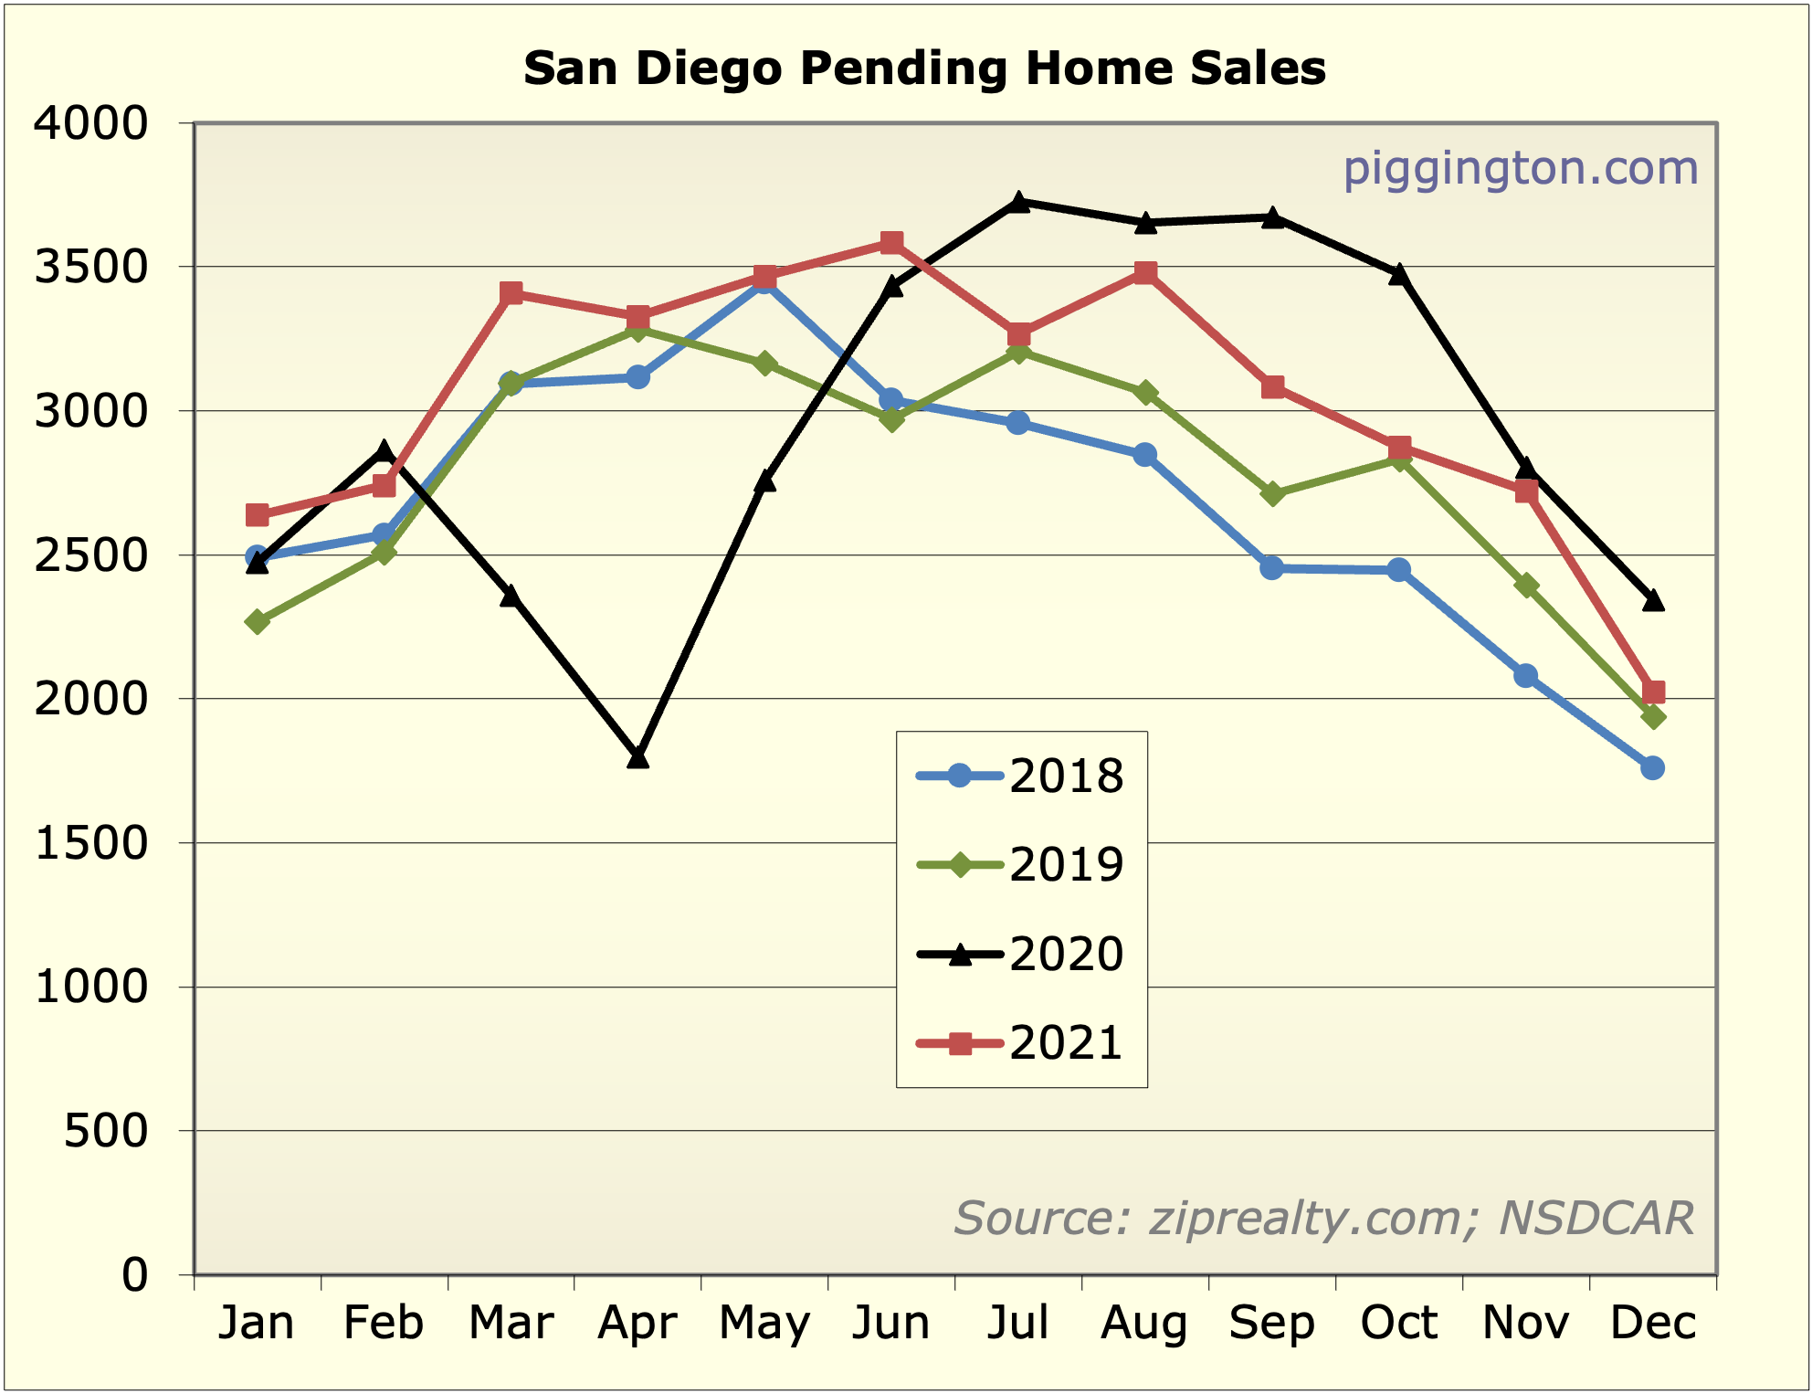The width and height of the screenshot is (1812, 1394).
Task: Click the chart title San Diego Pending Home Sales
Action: (x=924, y=69)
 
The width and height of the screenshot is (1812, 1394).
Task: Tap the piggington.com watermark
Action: (x=1520, y=169)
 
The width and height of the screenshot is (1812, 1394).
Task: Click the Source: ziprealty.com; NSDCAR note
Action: (x=1323, y=1218)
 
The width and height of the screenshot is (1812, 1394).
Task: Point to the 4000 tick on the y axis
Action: (x=90, y=123)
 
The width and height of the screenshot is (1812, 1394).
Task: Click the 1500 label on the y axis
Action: (x=90, y=843)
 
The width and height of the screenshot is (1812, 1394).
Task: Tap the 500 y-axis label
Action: (x=106, y=1131)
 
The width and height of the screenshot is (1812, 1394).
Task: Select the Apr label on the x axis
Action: (x=637, y=1323)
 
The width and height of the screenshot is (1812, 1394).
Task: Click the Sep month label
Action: (x=1271, y=1323)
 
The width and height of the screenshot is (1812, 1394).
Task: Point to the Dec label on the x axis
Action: (x=1652, y=1323)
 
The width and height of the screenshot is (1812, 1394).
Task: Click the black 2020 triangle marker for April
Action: (x=637, y=757)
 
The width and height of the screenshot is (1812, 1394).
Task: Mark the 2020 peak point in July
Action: (x=1019, y=202)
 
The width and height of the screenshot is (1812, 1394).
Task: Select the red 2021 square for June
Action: (x=892, y=243)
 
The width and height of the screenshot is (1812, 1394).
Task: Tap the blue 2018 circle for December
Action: (x=1652, y=768)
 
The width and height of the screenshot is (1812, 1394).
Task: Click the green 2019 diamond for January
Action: (x=258, y=622)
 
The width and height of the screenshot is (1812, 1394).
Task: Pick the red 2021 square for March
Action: (x=511, y=293)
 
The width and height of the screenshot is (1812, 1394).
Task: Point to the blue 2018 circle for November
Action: (x=1525, y=676)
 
